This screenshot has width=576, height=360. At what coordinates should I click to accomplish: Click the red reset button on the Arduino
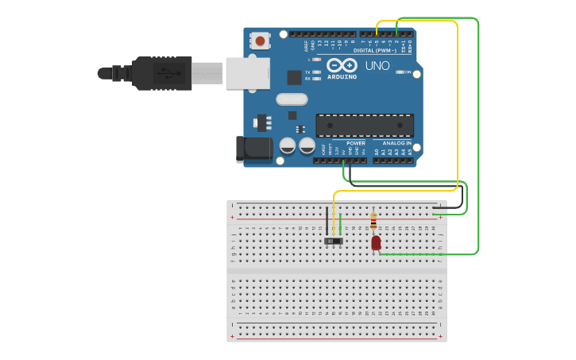click(x=260, y=40)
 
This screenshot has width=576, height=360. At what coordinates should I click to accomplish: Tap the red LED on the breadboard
click(x=376, y=242)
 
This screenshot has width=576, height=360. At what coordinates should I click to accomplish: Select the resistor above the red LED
click(x=373, y=221)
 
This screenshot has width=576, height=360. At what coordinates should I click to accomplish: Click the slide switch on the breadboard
click(x=334, y=240)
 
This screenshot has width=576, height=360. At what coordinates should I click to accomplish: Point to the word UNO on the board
click(x=377, y=66)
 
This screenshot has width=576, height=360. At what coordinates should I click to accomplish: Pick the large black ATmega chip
click(x=365, y=126)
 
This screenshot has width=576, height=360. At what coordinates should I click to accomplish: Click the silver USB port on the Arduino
click(x=247, y=72)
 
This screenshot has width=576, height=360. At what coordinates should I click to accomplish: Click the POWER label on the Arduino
click(x=355, y=144)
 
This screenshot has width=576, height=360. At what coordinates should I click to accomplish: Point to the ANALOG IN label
click(x=396, y=144)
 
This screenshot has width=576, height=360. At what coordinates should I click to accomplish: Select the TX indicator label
click(x=307, y=72)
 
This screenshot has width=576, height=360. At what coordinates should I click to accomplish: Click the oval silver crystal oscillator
click(x=292, y=99)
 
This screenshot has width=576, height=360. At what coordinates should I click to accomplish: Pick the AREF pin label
click(x=307, y=46)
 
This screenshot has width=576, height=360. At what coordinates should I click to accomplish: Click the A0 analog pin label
click(x=377, y=151)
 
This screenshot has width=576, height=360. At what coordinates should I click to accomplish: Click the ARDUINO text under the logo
click(x=342, y=76)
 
